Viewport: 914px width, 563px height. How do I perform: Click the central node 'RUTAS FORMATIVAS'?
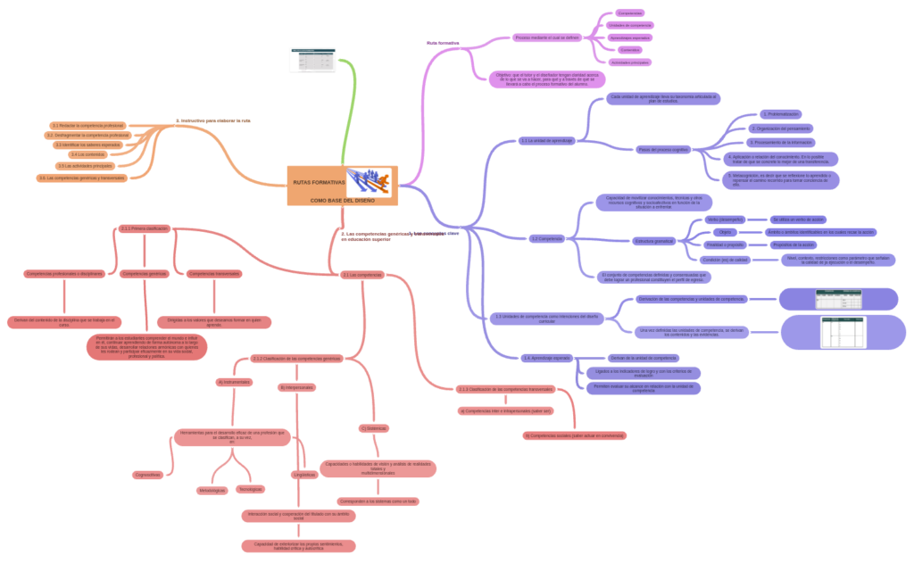319,183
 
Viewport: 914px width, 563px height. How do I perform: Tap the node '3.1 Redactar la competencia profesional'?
87,126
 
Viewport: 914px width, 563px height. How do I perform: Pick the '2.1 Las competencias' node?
362,275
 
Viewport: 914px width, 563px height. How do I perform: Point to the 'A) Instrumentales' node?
234,382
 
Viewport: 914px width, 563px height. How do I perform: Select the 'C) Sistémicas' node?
374,428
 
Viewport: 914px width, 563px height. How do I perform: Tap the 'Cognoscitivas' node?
148,475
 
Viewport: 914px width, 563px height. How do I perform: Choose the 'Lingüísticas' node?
303,475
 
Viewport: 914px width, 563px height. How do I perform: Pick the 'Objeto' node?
724,232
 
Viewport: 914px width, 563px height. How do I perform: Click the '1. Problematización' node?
781,114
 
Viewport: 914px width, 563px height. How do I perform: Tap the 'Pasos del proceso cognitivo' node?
662,149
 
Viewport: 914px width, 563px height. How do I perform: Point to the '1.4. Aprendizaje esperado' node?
546,358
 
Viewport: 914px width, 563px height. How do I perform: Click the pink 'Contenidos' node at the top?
629,50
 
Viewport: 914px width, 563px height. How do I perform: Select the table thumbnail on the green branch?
312,60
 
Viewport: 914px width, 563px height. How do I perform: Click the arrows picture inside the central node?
369,181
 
